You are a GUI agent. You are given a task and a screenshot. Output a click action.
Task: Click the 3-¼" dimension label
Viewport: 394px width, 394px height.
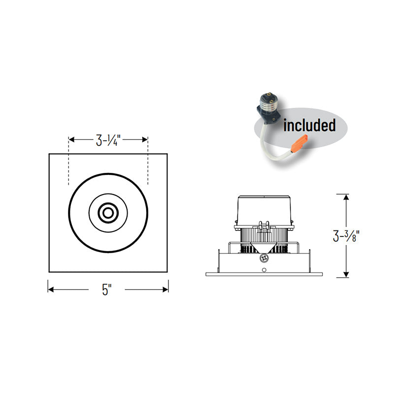(x=108, y=140)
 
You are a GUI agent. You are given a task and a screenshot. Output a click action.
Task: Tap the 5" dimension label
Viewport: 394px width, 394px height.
(x=106, y=290)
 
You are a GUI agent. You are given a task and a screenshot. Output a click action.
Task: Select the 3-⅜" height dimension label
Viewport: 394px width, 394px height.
(x=346, y=236)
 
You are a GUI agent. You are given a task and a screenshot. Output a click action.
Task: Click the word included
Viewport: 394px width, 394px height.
(x=309, y=125)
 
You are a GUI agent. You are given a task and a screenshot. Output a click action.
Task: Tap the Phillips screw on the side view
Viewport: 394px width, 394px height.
(x=264, y=258)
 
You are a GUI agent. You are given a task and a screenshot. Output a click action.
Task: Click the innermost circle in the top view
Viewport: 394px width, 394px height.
(x=108, y=213)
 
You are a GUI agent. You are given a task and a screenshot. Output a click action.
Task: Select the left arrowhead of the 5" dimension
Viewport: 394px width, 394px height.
(x=51, y=290)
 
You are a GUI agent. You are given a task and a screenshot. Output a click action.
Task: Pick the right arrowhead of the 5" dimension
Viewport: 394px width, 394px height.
(x=165, y=290)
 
